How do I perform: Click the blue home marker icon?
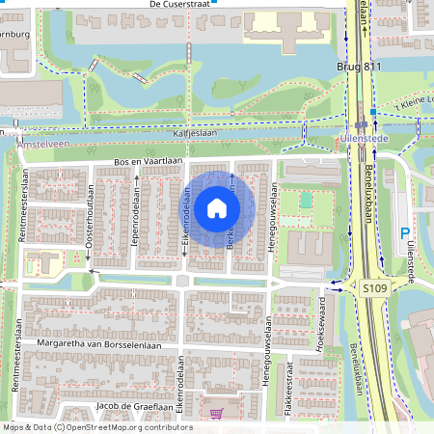(217, 207)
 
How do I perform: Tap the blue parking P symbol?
(404, 232)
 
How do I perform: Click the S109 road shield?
(374, 287)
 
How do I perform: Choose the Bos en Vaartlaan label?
(148, 160)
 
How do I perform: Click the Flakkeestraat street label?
(288, 387)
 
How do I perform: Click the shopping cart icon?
(218, 413)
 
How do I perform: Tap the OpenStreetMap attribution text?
(97, 426)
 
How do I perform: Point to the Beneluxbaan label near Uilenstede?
(366, 183)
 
